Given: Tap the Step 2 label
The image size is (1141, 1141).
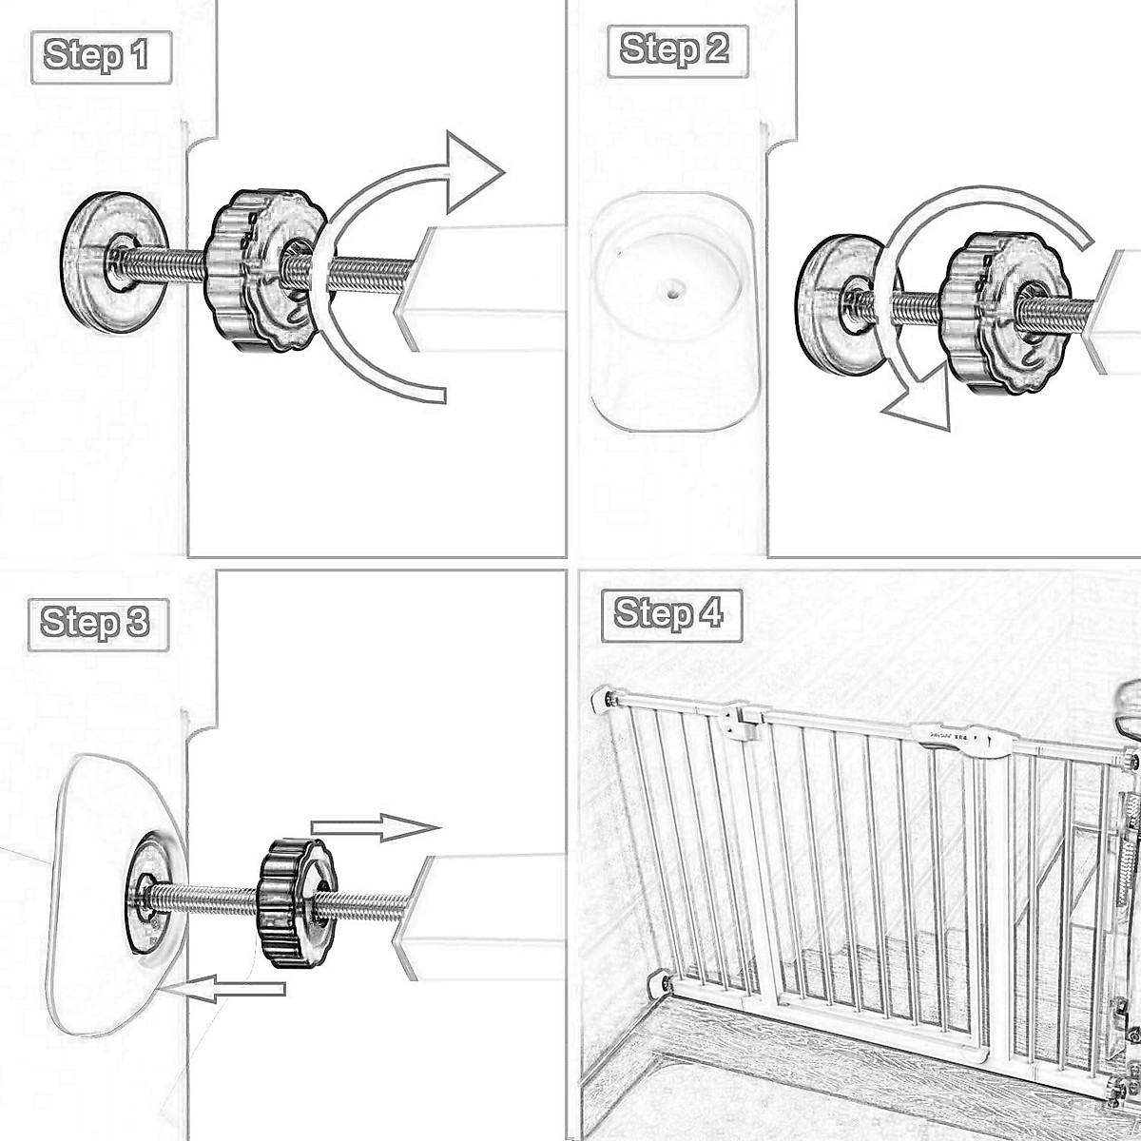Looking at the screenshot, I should coord(675,48).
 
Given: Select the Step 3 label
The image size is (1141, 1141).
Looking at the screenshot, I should coord(96,624).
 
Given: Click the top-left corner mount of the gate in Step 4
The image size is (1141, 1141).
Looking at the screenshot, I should coord(606,701).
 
